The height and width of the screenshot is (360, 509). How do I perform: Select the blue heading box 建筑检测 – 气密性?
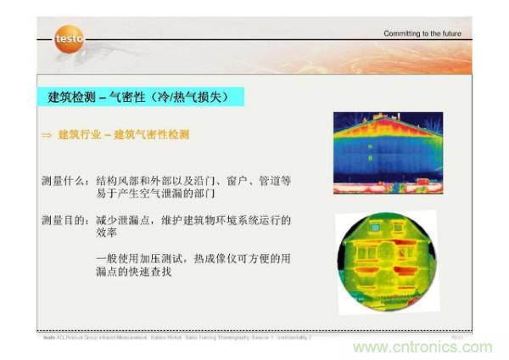(141, 98)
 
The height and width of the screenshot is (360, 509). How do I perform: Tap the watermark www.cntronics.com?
(422, 347)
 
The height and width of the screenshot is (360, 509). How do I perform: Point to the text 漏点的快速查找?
(137, 272)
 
